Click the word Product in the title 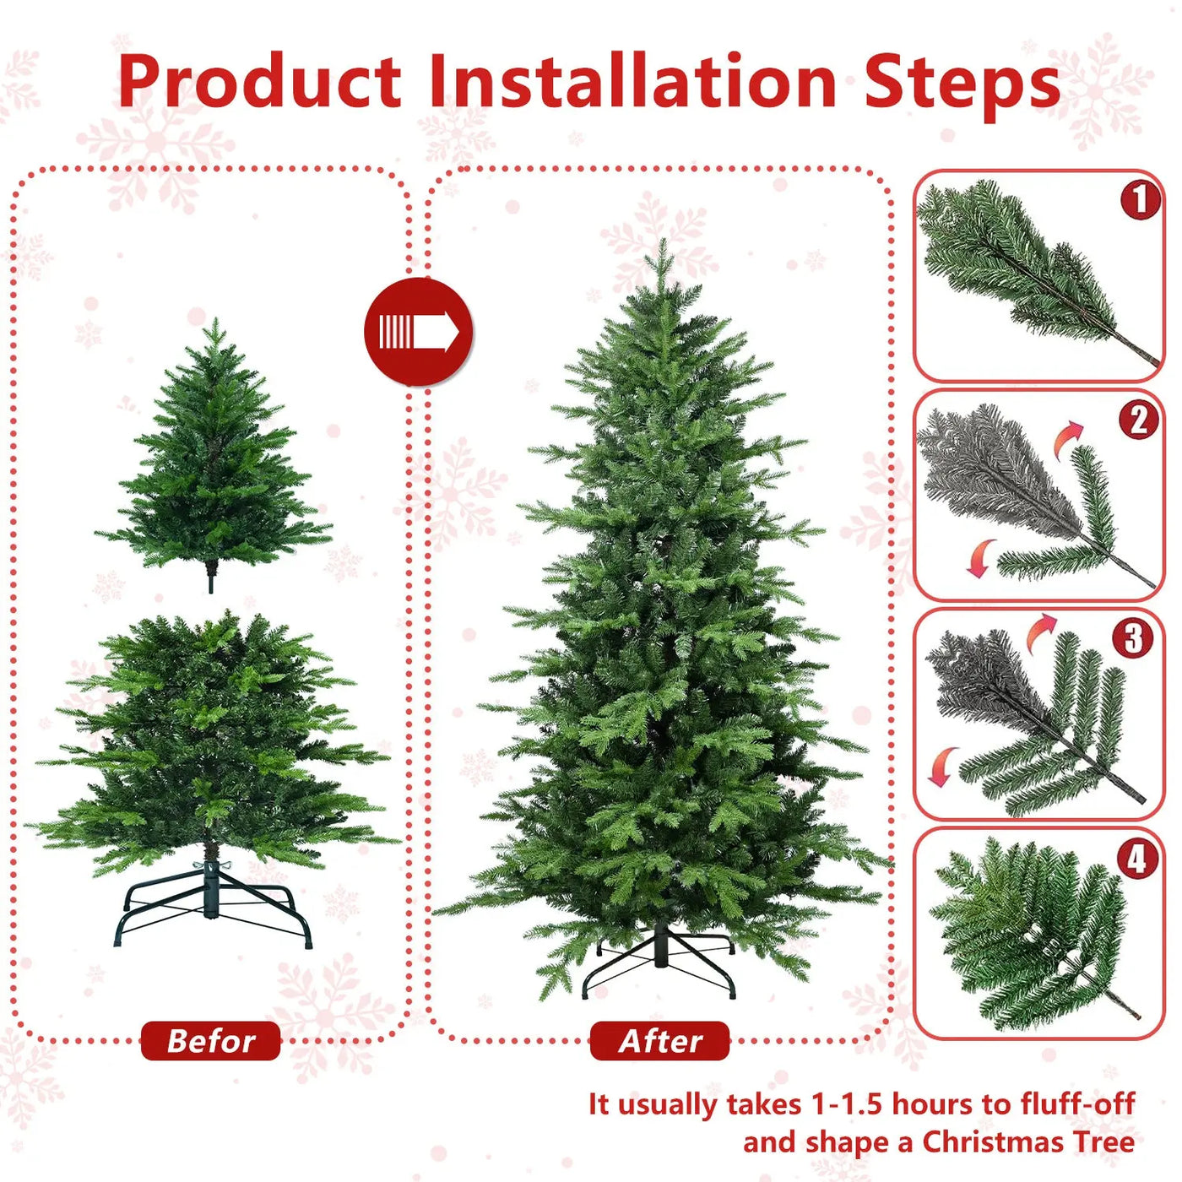(x=259, y=82)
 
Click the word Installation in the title (x=632, y=82)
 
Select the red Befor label (x=210, y=1041)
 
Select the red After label (x=659, y=1041)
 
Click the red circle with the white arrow (x=418, y=332)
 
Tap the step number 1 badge (x=1140, y=200)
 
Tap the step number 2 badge (x=1138, y=419)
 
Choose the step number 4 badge (x=1136, y=859)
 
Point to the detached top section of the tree (x=214, y=456)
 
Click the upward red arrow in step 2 (x=1068, y=438)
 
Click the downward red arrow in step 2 (x=980, y=558)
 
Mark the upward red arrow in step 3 (x=1040, y=632)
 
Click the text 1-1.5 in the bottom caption (x=847, y=1103)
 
